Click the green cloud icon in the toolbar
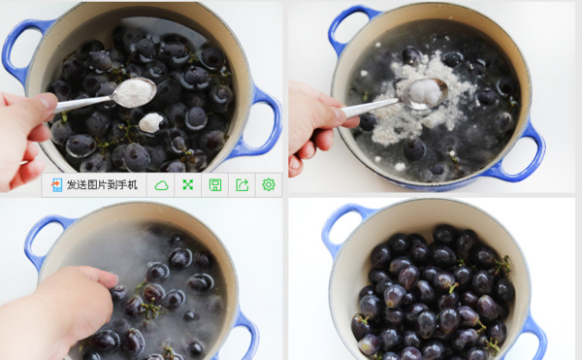coord(161,184)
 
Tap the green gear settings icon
coord(269,184)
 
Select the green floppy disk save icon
coord(215,184)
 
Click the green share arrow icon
coord(242,184)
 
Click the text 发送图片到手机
coord(102,184)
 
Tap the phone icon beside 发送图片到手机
coord(57,184)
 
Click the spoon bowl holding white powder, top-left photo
coord(134,93)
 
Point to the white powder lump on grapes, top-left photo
coord(150,122)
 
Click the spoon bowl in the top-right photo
coord(424,94)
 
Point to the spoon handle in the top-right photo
coord(372,108)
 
